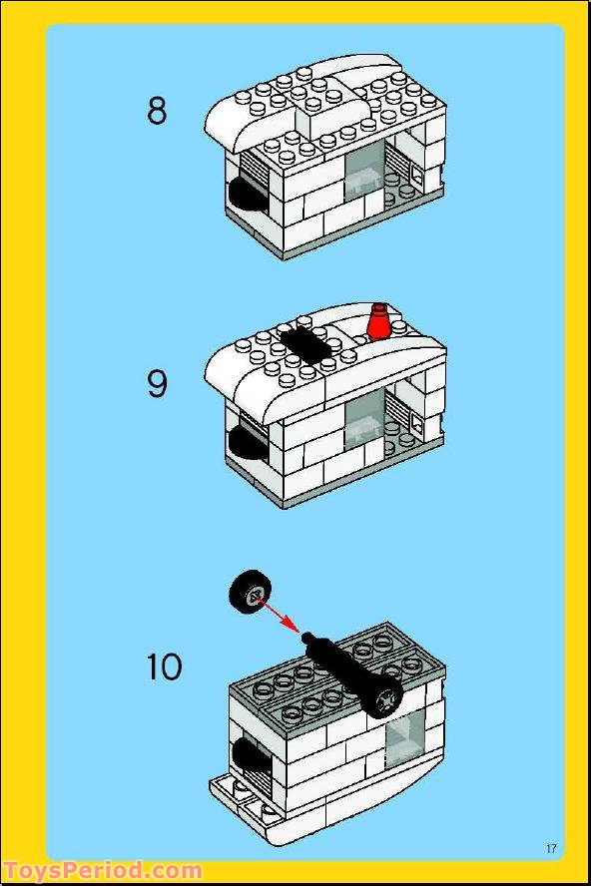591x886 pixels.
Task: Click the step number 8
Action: [x=157, y=110]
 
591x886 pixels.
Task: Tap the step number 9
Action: [x=157, y=383]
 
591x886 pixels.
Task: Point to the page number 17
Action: [x=551, y=848]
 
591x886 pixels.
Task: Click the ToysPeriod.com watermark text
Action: [x=102, y=871]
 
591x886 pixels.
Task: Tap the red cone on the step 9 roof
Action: [x=379, y=324]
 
